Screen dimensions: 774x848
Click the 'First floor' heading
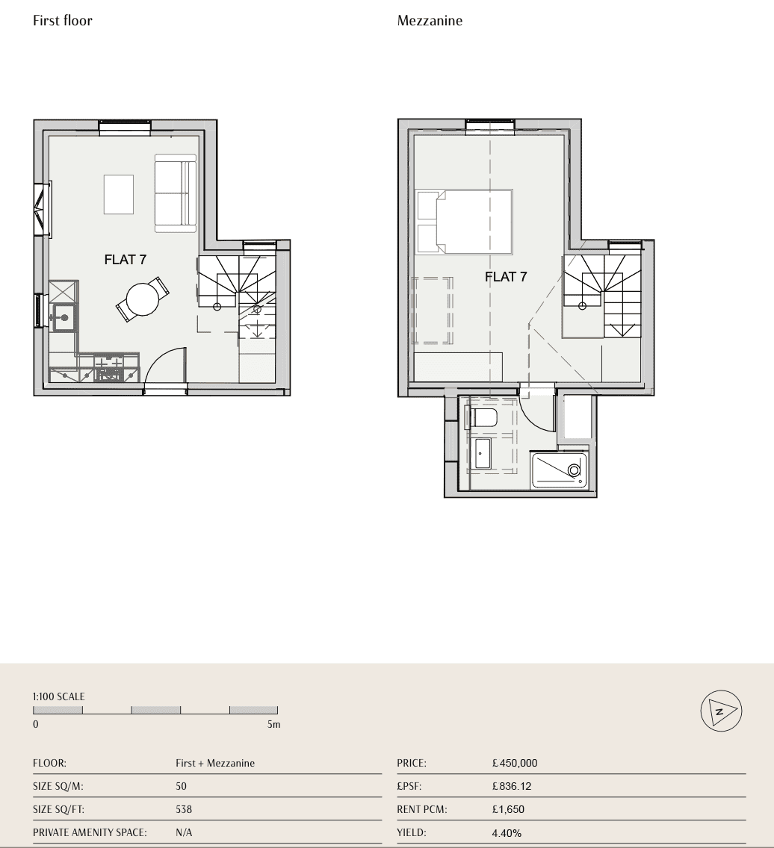click(x=62, y=21)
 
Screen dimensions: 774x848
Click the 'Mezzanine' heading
click(x=430, y=21)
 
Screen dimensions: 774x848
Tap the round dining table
click(x=143, y=299)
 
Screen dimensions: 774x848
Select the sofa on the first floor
click(x=176, y=193)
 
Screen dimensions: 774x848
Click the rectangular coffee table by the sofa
click(x=119, y=194)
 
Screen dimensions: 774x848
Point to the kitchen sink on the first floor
click(x=63, y=317)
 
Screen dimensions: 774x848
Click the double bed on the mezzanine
click(x=464, y=221)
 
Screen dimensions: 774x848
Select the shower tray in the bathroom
click(x=559, y=470)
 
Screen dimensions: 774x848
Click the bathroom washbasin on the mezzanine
click(x=483, y=454)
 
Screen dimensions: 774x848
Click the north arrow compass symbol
click(x=721, y=711)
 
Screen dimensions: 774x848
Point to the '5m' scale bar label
click(x=274, y=724)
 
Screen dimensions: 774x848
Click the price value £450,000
click(x=515, y=763)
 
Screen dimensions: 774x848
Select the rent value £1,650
click(x=508, y=809)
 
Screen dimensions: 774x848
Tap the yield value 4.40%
click(x=507, y=833)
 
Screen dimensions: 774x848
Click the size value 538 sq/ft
click(x=184, y=809)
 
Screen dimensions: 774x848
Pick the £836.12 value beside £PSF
click(x=512, y=786)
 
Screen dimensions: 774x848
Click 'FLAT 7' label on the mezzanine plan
click(x=506, y=277)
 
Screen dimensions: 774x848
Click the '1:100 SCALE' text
click(x=58, y=696)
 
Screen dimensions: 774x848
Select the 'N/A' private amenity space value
click(x=184, y=832)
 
